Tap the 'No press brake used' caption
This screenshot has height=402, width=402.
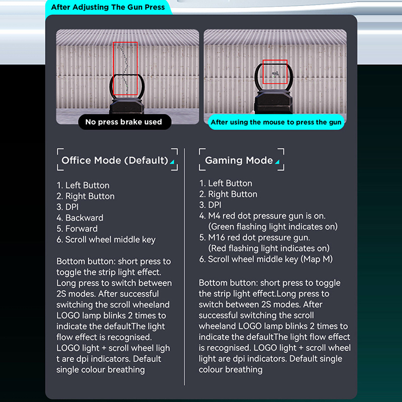click(x=124, y=122)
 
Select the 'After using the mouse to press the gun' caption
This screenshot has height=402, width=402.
click(x=276, y=122)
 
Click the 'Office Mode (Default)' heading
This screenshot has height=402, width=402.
click(x=115, y=161)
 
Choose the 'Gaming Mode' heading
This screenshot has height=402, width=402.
click(x=239, y=161)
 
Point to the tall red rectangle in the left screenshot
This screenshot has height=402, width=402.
click(x=126, y=69)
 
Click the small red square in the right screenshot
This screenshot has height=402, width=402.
click(x=275, y=72)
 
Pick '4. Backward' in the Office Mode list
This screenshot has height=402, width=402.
click(x=80, y=218)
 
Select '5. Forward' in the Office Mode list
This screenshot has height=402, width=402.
click(x=77, y=229)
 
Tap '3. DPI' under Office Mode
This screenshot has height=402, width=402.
click(x=68, y=207)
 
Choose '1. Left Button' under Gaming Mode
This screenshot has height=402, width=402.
click(x=226, y=183)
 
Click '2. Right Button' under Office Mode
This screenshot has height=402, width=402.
click(x=85, y=196)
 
